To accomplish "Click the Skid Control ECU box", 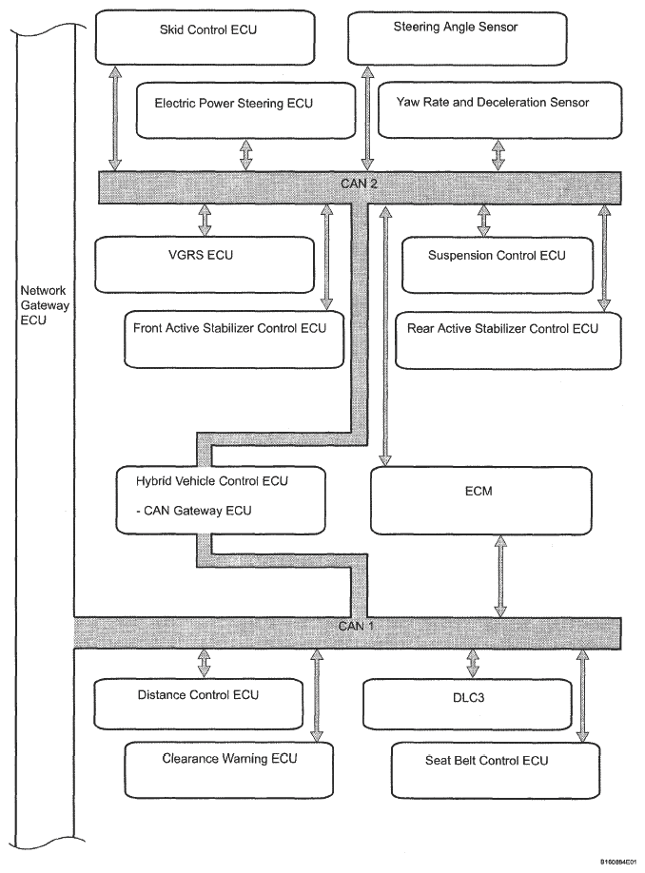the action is click(x=205, y=37).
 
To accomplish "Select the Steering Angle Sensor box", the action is click(x=458, y=38).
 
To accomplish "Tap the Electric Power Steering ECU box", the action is click(x=245, y=110).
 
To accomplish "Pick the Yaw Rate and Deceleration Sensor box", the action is click(x=499, y=110).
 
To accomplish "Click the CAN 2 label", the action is click(x=359, y=184).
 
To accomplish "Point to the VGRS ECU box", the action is click(x=205, y=265).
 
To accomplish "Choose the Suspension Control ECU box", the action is click(x=498, y=265).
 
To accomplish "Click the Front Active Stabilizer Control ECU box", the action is click(x=234, y=339).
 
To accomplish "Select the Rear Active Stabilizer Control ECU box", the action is click(x=508, y=340).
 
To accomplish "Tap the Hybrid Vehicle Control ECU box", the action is click(x=221, y=500).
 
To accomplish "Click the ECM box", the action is click(x=481, y=500).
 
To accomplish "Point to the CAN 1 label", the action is click(x=357, y=626).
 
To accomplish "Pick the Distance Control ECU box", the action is click(x=198, y=704).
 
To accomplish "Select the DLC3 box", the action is click(x=467, y=705).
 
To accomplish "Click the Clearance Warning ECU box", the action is click(x=229, y=770).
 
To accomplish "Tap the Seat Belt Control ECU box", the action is click(x=496, y=770).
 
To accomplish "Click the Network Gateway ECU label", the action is click(x=45, y=305).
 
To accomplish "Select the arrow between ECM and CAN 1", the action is click(x=500, y=576).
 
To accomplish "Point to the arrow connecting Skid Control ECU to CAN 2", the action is click(x=115, y=118).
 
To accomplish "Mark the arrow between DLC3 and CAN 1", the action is click(x=472, y=663).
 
